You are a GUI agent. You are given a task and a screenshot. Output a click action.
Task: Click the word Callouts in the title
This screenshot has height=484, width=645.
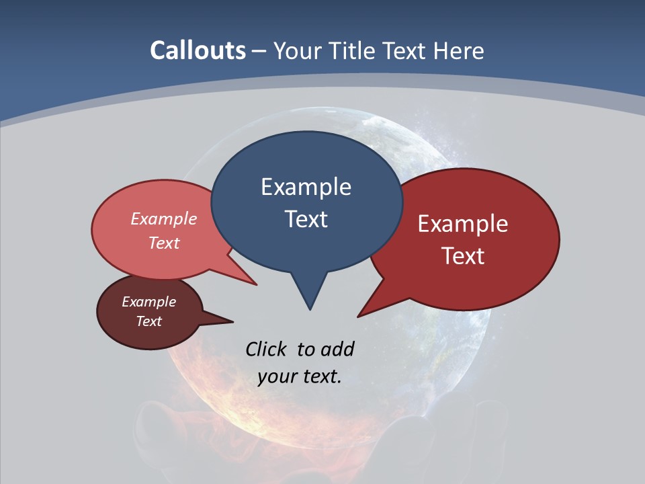[198, 50]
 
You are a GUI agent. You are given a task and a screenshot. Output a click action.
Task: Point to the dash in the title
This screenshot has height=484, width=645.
[259, 51]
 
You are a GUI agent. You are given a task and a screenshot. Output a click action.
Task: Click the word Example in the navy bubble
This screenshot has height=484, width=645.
[306, 187]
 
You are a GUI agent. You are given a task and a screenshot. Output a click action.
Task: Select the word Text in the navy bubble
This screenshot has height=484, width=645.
[306, 219]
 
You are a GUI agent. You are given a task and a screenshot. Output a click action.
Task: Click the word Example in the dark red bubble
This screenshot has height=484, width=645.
[463, 224]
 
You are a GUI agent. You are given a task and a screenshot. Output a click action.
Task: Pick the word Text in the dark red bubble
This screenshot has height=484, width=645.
[463, 256]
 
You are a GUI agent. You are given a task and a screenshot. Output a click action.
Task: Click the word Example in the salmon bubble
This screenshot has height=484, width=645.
[164, 218]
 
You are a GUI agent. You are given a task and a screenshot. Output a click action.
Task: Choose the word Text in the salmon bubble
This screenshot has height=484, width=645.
[164, 243]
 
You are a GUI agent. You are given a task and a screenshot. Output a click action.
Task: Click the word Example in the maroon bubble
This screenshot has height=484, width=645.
[149, 302]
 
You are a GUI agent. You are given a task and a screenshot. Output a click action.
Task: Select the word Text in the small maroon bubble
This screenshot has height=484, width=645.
[149, 321]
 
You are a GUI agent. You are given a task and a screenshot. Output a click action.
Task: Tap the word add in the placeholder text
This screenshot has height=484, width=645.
[337, 349]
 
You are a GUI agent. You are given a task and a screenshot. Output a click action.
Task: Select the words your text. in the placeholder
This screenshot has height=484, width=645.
[300, 376]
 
